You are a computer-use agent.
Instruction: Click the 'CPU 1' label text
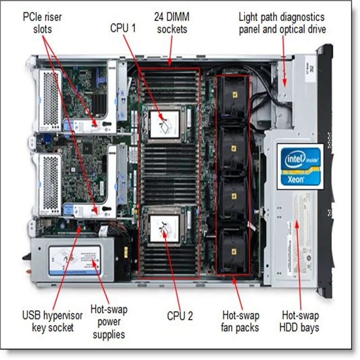coord(123,28)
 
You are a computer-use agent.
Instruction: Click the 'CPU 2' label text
coord(180,316)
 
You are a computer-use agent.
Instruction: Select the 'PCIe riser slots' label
coord(42,23)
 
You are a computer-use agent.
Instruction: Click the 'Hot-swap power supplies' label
coord(109,322)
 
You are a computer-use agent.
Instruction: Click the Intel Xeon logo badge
coord(300,166)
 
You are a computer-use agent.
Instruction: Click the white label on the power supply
coord(74,261)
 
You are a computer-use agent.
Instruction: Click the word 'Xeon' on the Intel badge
coord(297,178)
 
